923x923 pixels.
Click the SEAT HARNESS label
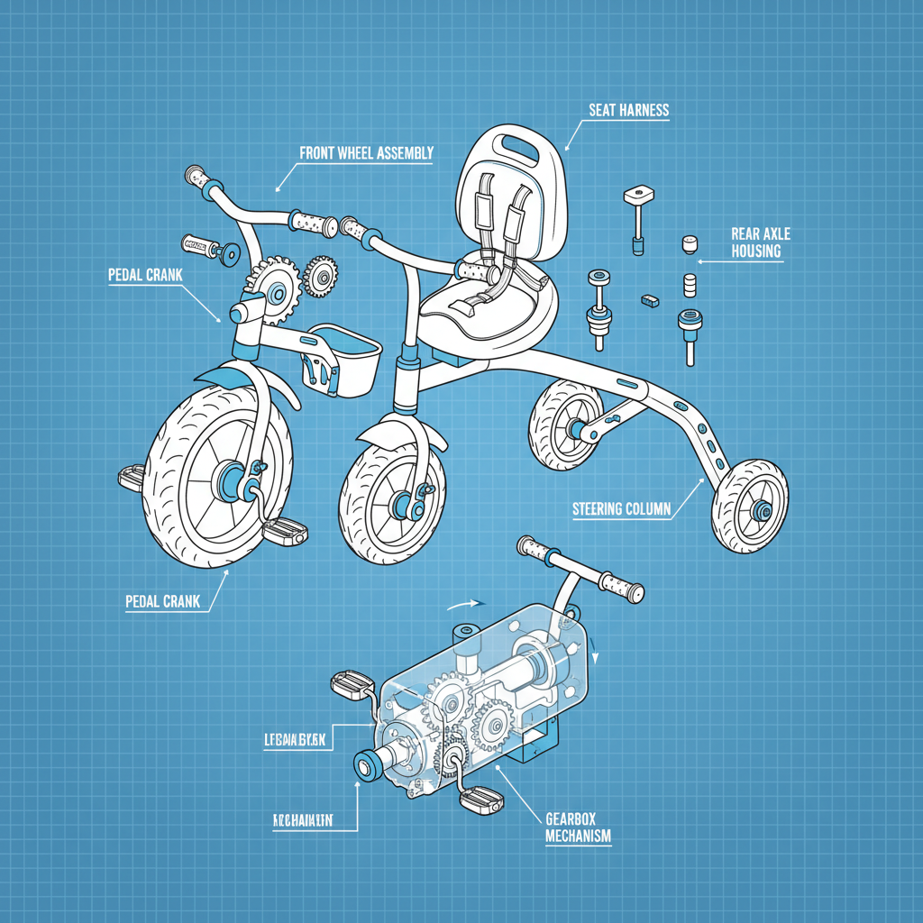click(628, 110)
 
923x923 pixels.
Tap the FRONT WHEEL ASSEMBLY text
click(366, 153)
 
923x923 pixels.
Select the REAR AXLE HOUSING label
click(755, 242)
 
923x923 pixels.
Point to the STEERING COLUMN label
click(621, 509)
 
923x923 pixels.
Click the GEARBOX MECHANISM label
click(578, 827)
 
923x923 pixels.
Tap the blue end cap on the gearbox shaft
click(367, 765)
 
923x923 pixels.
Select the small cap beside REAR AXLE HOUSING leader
click(690, 243)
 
